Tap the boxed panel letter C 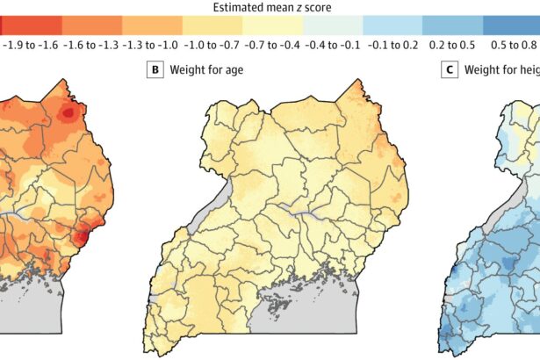[x=450, y=69]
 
